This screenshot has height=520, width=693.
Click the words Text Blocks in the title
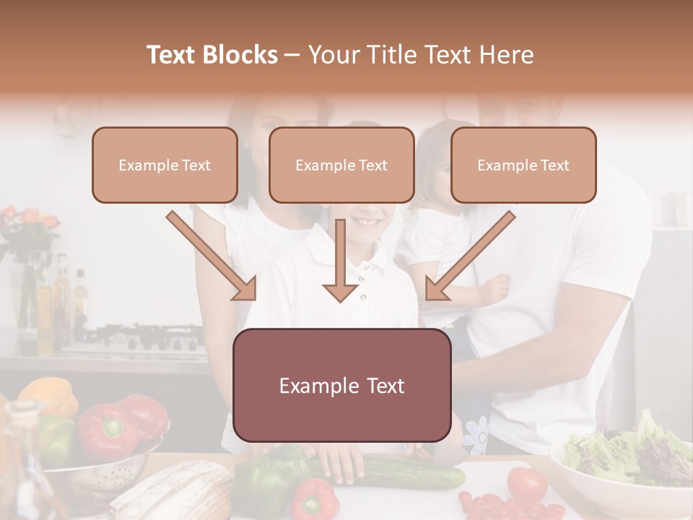click(212, 55)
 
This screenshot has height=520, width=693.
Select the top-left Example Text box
click(165, 165)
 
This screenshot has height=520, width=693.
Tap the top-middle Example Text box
click(341, 165)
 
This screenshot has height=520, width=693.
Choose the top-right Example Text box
click(523, 165)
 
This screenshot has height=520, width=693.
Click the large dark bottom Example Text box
click(341, 385)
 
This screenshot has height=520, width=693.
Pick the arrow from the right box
click(470, 256)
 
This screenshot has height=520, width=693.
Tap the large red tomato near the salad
click(526, 483)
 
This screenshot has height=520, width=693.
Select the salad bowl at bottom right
click(621, 462)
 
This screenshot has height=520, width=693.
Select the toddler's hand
click(496, 289)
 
